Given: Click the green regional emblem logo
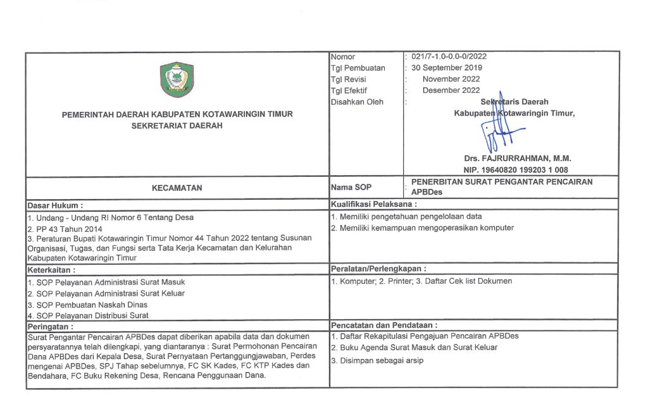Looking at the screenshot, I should click(177, 80).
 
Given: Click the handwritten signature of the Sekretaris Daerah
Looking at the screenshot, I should click(500, 127).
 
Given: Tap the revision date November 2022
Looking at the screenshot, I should click(451, 79).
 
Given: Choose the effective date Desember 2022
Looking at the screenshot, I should click(451, 90).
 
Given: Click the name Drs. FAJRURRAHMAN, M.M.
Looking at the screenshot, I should click(516, 159).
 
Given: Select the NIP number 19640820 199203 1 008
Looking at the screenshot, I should click(516, 170).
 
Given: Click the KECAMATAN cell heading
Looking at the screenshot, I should click(177, 188).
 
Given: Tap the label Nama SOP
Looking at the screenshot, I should click(351, 188).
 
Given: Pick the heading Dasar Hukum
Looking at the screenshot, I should click(55, 205).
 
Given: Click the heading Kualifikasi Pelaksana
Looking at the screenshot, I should click(373, 204).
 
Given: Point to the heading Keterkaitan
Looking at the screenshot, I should click(51, 268).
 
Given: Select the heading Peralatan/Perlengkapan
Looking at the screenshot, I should click(378, 268).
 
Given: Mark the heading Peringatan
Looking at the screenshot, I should click(51, 327).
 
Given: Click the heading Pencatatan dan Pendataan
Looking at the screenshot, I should click(384, 325).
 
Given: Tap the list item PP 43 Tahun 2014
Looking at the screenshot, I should click(65, 229).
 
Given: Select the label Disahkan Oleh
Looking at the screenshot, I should click(357, 102).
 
